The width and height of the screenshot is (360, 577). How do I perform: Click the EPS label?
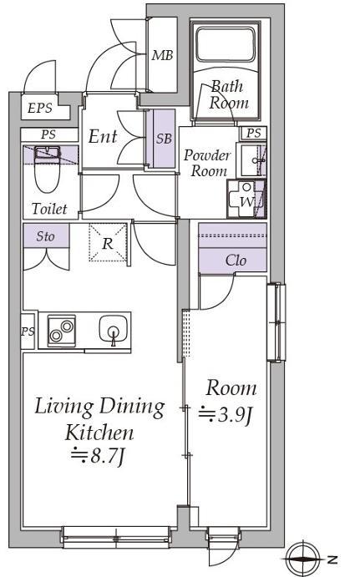tap(40, 109)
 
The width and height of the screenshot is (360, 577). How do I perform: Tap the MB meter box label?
tap(162, 55)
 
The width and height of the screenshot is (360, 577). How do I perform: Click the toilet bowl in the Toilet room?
tap(47, 170)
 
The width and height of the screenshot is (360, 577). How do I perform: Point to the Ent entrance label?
tap(103, 136)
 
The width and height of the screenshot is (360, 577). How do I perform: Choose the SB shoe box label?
tap(164, 139)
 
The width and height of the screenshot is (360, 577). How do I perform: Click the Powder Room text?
tap(207, 163)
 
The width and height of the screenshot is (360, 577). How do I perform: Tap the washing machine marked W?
tap(246, 199)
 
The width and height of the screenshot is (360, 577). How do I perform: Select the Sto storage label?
tap(46, 236)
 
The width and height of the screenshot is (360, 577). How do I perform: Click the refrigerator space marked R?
tap(108, 243)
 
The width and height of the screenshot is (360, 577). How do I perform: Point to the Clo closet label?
tap(236, 261)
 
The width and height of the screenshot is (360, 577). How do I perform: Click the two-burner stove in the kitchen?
tap(62, 331)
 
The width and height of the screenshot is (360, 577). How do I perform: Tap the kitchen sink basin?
tap(114, 329)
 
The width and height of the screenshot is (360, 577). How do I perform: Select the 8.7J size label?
tap(99, 456)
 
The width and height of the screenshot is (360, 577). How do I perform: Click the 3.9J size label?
tap(226, 415)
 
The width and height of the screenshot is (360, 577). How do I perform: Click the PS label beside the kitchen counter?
tap(28, 332)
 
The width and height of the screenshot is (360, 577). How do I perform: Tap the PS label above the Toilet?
tap(48, 134)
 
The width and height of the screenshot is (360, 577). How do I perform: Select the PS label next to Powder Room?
tap(254, 133)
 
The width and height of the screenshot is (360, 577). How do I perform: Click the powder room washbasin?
tap(251, 160)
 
